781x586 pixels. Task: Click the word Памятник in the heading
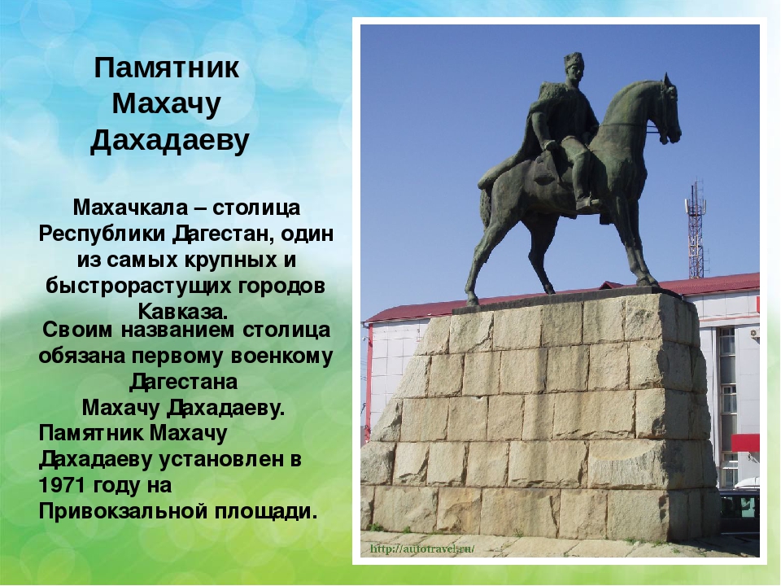167,68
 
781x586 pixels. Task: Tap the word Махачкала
130,208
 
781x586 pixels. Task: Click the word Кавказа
183,312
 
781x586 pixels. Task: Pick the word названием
177,330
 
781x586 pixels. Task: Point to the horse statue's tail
485,209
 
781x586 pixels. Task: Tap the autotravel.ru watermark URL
422,549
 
